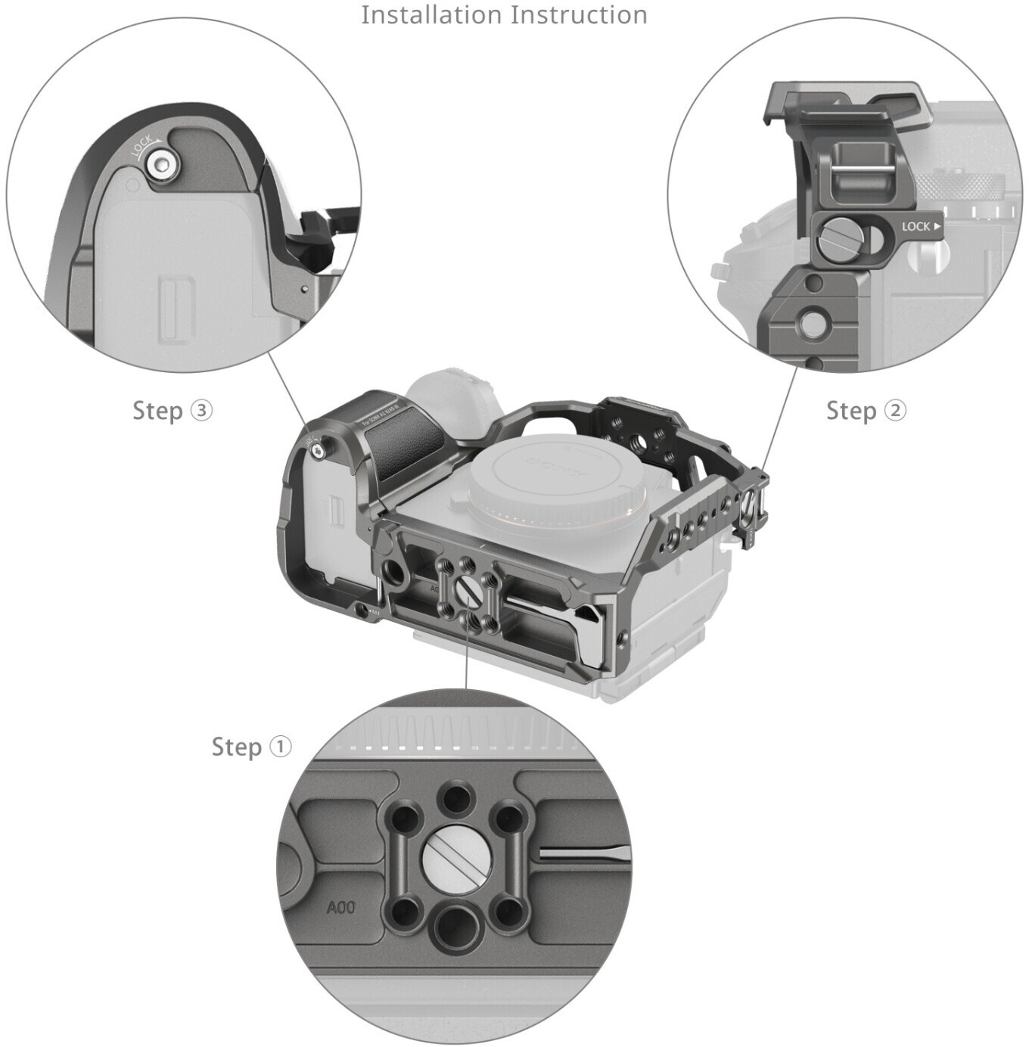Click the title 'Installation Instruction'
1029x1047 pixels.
(504, 14)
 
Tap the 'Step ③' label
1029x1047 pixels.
(173, 410)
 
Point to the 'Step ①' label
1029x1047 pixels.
(251, 747)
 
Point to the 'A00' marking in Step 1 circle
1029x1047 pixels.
(340, 907)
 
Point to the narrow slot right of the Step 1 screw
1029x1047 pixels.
(583, 854)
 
